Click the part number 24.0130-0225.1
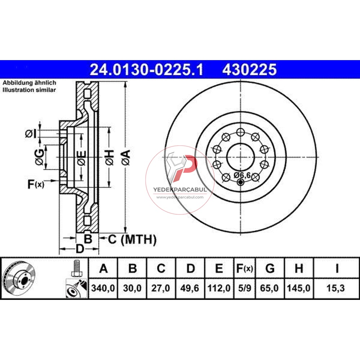[147, 69]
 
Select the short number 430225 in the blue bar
[249, 69]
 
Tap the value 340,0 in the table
[103, 288]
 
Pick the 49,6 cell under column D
[189, 288]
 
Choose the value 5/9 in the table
[244, 288]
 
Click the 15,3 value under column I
[336, 288]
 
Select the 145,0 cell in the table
[298, 288]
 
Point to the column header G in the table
[270, 268]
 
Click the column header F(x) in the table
[244, 268]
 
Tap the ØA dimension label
[126, 158]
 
